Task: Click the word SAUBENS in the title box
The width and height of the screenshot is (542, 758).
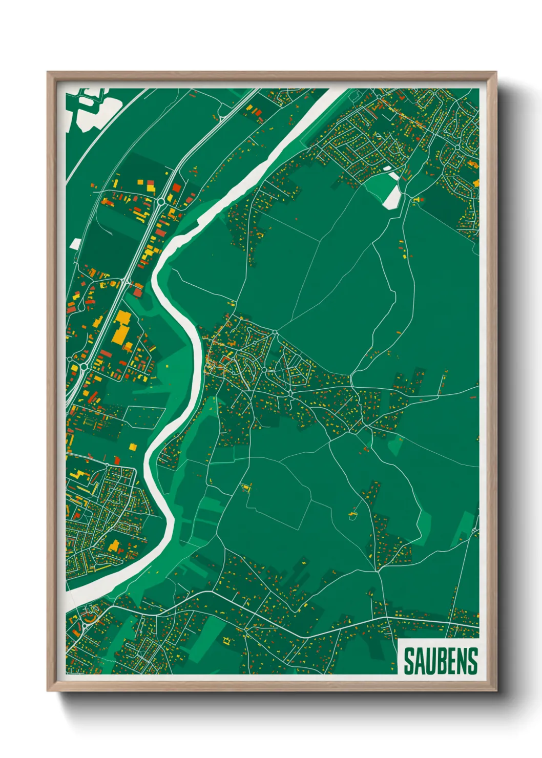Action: coord(440,661)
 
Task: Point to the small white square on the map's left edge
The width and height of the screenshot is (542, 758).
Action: coord(75,244)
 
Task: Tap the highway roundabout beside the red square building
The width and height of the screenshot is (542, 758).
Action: coord(162,201)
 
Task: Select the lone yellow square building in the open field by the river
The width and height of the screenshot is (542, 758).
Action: coord(132,447)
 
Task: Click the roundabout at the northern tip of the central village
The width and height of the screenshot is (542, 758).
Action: coord(275,332)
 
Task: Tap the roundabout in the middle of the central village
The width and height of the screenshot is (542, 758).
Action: coord(264,369)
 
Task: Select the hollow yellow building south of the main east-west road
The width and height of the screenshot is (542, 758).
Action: coord(226,640)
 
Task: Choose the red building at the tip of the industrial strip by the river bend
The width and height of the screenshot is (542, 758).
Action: coord(137,291)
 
